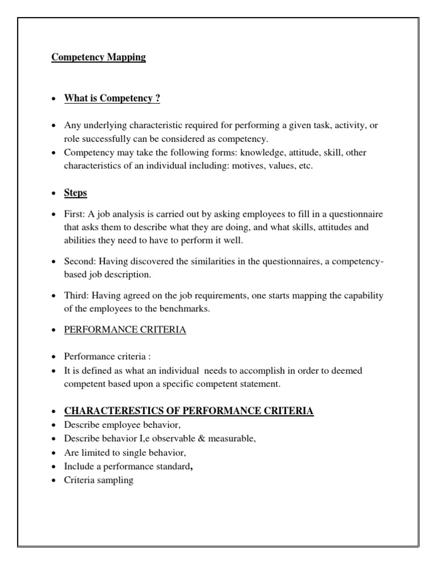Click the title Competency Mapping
click(x=99, y=57)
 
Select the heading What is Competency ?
click(x=112, y=99)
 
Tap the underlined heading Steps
click(x=76, y=193)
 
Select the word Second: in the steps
click(x=81, y=260)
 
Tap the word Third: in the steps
click(x=77, y=296)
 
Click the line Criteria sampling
click(x=99, y=480)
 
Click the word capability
click(x=363, y=296)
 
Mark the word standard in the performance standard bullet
click(x=173, y=466)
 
